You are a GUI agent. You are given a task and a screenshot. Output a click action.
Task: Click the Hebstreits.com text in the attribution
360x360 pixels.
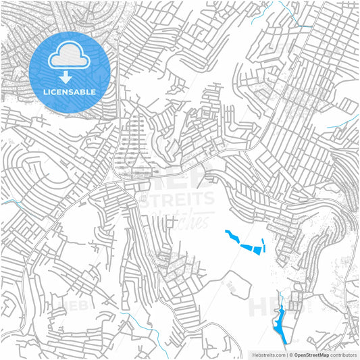coord(269,354)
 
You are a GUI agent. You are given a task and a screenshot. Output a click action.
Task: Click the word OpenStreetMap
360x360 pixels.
coord(312,354)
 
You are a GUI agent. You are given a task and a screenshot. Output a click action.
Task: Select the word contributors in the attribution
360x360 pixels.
coord(343,354)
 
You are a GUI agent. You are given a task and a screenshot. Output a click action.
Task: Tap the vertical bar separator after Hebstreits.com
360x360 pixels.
coord(287,354)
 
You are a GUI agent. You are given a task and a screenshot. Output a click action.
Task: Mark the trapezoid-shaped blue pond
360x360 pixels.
coord(255,248)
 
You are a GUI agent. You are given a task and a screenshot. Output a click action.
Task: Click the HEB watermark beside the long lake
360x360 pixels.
coord(265,307)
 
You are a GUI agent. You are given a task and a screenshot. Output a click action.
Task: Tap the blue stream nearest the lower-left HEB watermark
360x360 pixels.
coord(132,320)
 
